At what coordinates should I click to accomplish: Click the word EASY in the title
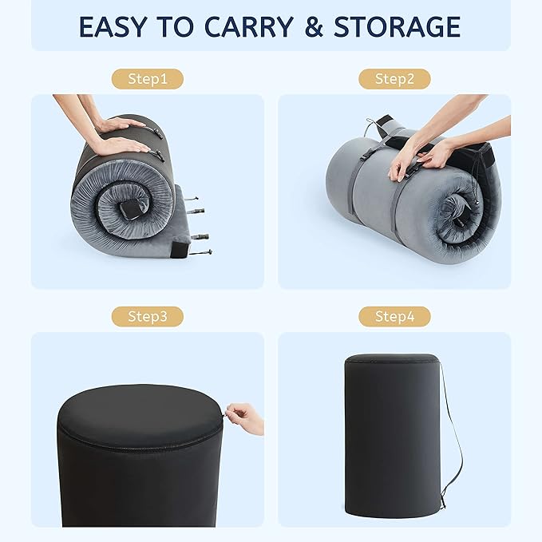coord(113,26)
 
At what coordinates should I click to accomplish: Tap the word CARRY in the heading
coord(249,26)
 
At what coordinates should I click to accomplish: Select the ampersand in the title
coord(314,26)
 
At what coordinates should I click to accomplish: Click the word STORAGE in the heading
coord(398,26)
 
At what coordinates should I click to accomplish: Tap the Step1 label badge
coord(148,79)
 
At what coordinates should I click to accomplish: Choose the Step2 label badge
coord(394,79)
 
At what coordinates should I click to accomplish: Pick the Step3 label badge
coord(148,316)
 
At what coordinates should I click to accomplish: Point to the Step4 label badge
coord(394,316)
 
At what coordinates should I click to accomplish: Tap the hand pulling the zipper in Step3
coord(245,418)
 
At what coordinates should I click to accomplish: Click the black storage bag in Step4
coord(393,436)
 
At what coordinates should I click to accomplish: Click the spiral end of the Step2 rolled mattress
coord(457,211)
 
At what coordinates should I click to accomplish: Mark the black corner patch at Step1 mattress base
coord(179,249)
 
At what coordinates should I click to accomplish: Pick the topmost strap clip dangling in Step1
coord(191,199)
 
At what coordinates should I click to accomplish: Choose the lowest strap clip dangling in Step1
coord(200,252)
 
